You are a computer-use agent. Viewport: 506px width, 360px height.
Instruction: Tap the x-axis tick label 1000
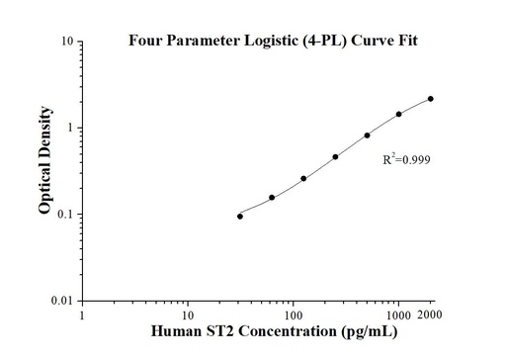(x=397, y=315)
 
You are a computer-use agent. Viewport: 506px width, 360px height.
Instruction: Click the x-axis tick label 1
(x=82, y=315)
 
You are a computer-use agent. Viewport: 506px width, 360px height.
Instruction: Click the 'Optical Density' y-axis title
(x=44, y=172)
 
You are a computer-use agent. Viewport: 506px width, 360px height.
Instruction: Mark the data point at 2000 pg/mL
(x=431, y=99)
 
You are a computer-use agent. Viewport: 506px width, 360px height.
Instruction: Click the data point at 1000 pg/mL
(x=399, y=114)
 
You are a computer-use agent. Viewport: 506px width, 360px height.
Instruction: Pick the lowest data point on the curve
(x=240, y=216)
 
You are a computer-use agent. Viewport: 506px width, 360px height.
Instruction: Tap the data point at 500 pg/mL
(x=367, y=135)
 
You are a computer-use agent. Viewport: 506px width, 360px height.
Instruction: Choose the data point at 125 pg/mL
(x=303, y=178)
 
